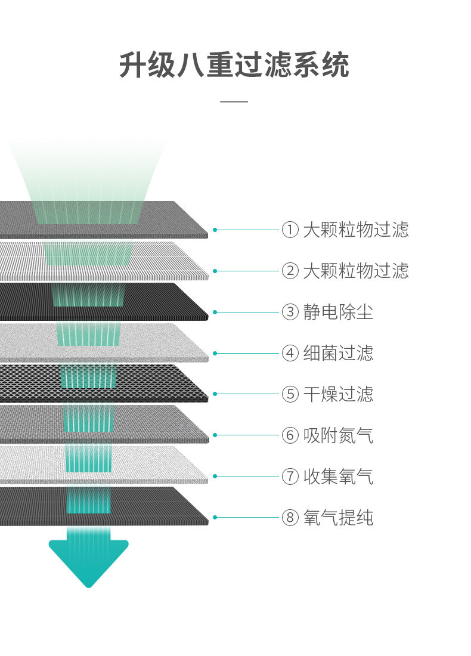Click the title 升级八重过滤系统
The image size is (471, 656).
234,65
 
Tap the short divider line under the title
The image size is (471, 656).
234,101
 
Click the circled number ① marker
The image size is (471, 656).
290,230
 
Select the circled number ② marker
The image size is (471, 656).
290,271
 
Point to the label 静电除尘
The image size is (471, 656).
338,312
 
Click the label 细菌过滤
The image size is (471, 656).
338,353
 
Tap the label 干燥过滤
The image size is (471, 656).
338,394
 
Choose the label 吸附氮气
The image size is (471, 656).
338,435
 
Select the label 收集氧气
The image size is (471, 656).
338,476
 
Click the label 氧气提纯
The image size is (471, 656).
338,518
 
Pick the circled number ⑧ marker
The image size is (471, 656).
290,518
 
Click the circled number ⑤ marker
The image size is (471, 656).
290,394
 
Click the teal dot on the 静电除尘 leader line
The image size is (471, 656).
215,312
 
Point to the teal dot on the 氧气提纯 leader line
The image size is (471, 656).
215,518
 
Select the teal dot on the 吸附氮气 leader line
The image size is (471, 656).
215,435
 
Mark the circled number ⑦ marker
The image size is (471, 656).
290,476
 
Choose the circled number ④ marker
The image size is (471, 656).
290,353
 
